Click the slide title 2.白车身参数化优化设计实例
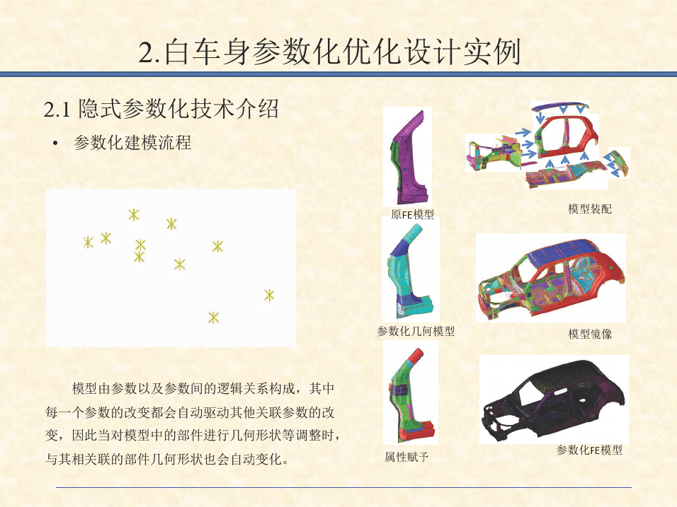point(329,52)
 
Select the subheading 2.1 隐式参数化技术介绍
point(161,109)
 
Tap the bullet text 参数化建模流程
point(132,143)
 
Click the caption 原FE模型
point(412,214)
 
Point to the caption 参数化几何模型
point(416,331)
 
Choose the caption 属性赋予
point(406,457)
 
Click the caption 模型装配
point(590,209)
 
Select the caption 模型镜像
point(590,334)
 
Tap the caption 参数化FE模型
point(589,450)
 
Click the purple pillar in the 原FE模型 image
point(409,160)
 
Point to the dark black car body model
point(554,400)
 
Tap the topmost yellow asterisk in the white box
point(134,214)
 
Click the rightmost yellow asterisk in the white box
point(269,296)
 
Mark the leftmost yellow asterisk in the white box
point(88,243)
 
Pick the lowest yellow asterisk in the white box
point(213,317)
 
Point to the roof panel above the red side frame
point(560,107)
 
